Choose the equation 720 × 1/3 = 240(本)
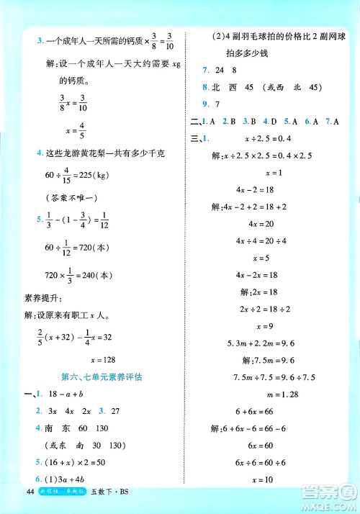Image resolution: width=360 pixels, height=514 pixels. pyautogui.click(x=73, y=274)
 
